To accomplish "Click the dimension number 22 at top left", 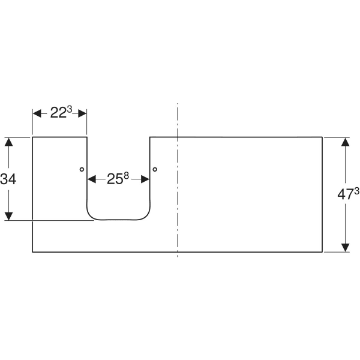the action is coord(58,113).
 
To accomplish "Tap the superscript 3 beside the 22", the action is coord(70,110).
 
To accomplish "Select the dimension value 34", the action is coord(8,179).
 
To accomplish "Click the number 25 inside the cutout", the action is coord(115,179).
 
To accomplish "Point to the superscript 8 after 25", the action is coord(126,176).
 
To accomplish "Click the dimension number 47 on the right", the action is coord(346,194).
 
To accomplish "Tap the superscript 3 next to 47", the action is coord(356,191).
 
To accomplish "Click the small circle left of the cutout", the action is coord(82,169).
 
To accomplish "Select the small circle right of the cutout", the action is coord(155,169).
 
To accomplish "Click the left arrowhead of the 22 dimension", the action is coord(37,113).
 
